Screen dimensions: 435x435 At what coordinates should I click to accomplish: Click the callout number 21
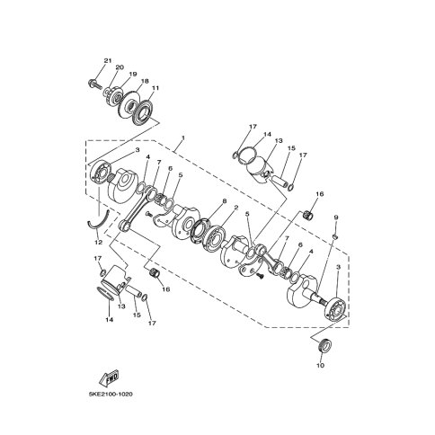(108, 61)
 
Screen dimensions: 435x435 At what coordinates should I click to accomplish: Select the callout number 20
(120, 67)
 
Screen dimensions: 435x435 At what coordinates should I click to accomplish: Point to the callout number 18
(145, 81)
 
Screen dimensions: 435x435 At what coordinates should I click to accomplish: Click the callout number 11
(155, 88)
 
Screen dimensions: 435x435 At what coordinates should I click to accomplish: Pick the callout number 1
(183, 138)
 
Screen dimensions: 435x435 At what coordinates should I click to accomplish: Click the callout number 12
(99, 242)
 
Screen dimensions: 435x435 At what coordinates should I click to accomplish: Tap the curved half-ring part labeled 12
(99, 222)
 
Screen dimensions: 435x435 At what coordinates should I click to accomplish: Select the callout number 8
(225, 200)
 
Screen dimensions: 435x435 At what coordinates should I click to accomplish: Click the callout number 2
(236, 208)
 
